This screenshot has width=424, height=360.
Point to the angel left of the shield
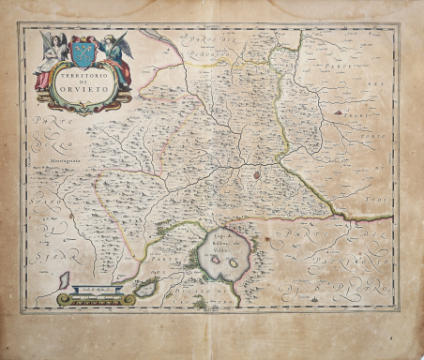51,58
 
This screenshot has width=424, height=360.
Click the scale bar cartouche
97,298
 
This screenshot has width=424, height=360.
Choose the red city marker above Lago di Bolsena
257,172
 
